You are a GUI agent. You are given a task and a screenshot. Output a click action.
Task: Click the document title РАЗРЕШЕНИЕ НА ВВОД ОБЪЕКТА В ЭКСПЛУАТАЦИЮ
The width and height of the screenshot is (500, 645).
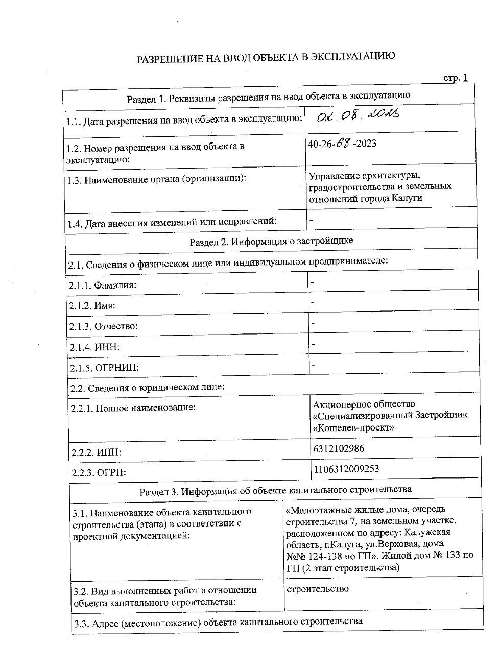click(266, 57)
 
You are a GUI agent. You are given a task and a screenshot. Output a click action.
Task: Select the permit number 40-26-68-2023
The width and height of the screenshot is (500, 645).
click(342, 144)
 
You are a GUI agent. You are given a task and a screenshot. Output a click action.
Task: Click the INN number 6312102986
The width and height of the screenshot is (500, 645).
click(338, 449)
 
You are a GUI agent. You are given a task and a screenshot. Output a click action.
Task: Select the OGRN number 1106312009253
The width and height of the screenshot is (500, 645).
click(346, 469)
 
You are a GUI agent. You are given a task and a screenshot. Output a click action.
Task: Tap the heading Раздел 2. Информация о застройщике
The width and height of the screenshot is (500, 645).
click(271, 241)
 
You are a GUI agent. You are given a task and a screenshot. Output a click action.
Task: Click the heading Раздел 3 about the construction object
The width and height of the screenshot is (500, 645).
click(275, 491)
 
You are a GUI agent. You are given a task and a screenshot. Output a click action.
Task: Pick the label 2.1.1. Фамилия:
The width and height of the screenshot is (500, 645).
click(103, 285)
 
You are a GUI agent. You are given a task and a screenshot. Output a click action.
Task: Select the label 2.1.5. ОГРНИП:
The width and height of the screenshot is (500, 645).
click(104, 368)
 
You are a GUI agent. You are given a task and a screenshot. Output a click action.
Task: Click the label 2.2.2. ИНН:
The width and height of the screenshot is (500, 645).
click(96, 452)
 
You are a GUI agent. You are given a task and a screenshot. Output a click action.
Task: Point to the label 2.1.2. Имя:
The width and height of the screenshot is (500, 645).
click(92, 306)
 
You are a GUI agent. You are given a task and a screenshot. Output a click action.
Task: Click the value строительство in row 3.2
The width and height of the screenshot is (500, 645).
click(318, 589)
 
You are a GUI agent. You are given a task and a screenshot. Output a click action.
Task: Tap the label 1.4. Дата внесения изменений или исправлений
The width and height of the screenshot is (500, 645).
click(172, 223)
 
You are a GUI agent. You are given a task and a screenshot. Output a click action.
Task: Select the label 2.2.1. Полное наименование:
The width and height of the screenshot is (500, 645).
click(133, 408)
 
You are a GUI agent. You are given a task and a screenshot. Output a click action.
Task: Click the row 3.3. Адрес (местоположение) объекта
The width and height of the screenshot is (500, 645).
click(218, 622)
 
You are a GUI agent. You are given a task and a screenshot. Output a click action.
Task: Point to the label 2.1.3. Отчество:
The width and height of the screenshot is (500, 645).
click(103, 326)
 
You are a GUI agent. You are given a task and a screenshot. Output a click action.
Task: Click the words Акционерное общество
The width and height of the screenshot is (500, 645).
click(364, 404)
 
